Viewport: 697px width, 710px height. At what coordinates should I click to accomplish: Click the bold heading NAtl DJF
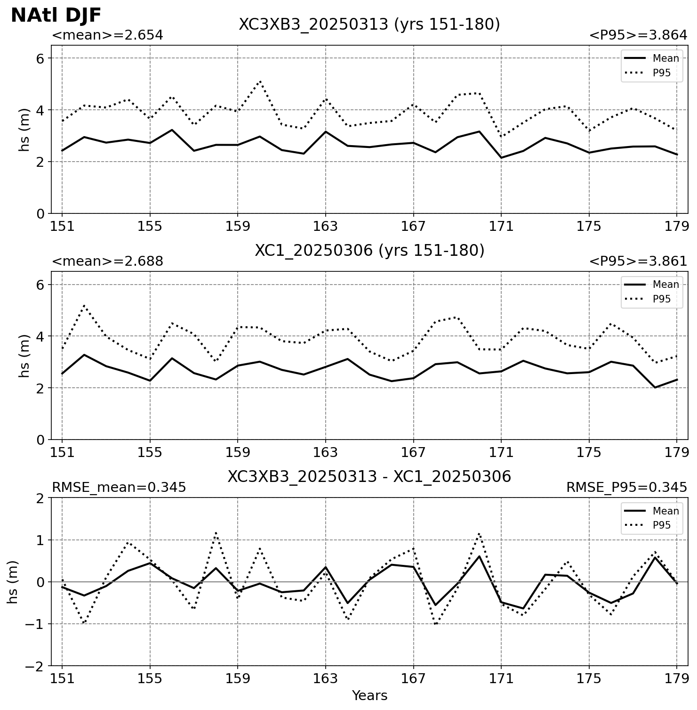coord(56,16)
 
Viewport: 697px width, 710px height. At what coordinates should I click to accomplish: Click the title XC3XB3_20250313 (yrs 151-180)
coord(369,24)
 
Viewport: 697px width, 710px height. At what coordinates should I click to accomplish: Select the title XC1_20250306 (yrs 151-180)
coord(369,251)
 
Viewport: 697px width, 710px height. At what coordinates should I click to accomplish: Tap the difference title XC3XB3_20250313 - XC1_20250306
coord(369,477)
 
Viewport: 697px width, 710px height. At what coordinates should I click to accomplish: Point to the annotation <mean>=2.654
coord(107,35)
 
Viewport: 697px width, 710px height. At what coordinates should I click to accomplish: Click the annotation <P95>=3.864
coord(638,35)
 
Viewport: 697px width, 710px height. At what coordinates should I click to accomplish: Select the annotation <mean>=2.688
coord(107,261)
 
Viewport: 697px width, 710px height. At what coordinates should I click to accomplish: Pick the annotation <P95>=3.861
coord(638,261)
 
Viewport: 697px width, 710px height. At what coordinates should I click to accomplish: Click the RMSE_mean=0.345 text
coord(119,488)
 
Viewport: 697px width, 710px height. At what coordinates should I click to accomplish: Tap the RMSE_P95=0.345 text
coord(627,488)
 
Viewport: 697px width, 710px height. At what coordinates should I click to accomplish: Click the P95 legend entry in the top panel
coord(651,73)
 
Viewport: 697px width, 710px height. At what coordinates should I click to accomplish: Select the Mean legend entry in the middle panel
coord(651,285)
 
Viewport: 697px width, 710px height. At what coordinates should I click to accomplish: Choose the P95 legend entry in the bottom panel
coord(651,525)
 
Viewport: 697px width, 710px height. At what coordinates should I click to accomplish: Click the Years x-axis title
coord(369,695)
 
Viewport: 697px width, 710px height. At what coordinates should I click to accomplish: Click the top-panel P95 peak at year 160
coord(260,81)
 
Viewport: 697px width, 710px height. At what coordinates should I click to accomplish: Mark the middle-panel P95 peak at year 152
coord(84,306)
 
